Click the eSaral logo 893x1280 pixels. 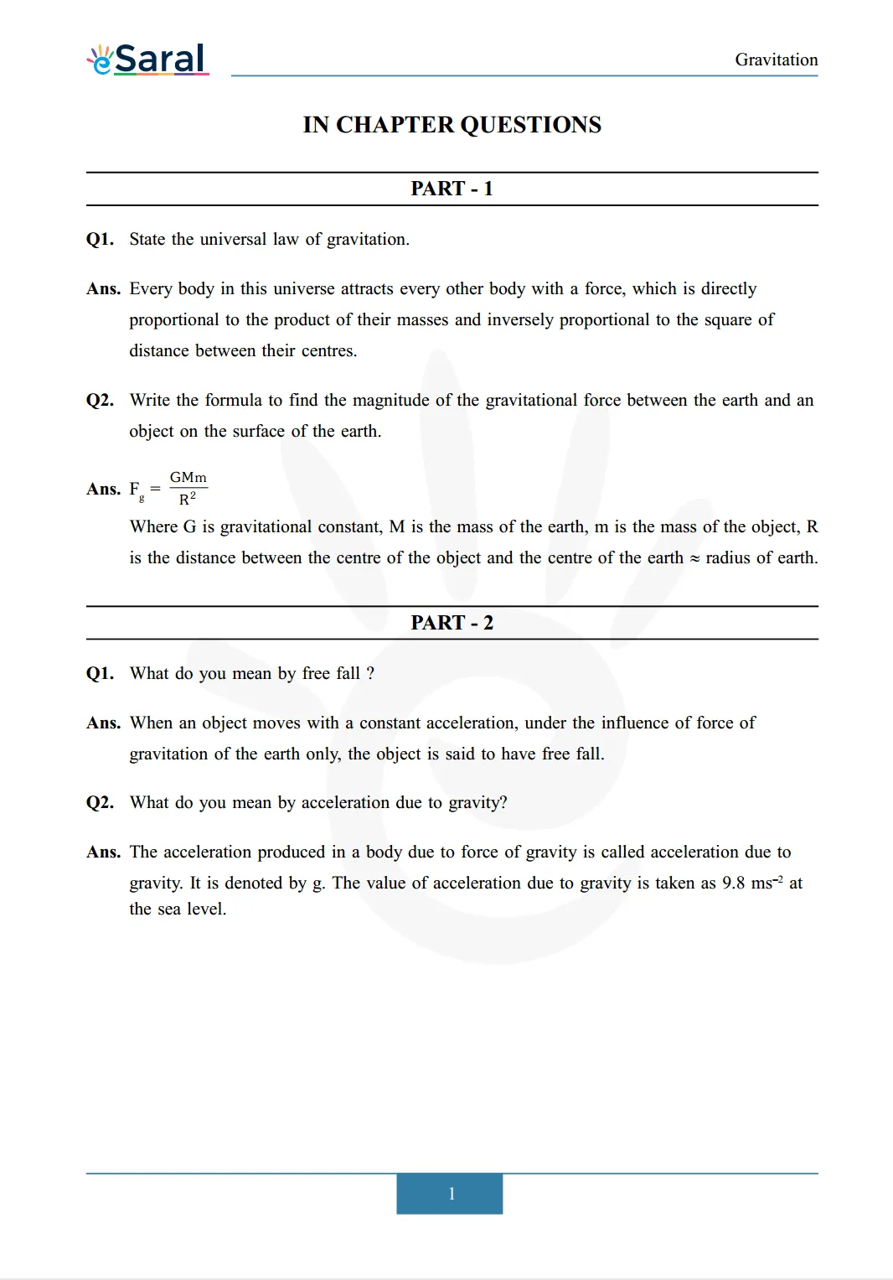coord(148,60)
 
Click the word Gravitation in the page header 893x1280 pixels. coord(776,60)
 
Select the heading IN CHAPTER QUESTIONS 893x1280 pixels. coord(452,125)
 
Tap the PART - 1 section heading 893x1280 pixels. coord(452,189)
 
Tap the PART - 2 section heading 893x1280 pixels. coord(452,623)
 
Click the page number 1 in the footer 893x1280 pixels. coord(451,1194)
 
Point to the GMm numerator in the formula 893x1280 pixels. coord(188,478)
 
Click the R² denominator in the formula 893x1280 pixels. coord(188,500)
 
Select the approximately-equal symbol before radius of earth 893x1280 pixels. coord(694,558)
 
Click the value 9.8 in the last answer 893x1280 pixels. coord(733,884)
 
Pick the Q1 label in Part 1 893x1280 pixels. coord(100,240)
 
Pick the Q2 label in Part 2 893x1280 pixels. coord(100,803)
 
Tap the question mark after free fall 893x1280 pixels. coord(370,674)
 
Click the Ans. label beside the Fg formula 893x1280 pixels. coord(103,490)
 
